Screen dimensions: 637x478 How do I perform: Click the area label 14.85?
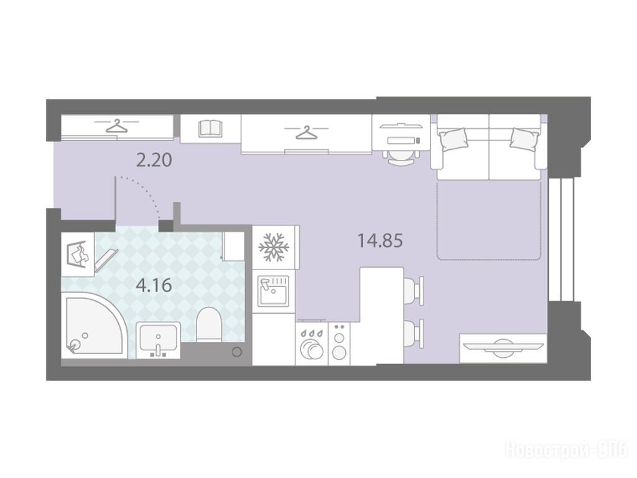[380, 241]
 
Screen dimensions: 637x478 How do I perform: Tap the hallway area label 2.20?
[154, 160]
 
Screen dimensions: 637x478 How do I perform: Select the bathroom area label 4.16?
[154, 285]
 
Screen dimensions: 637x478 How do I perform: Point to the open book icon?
[210, 128]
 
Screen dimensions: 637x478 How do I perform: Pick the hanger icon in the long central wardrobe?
[306, 133]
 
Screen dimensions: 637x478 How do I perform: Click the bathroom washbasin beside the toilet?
[158, 340]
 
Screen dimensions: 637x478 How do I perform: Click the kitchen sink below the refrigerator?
[274, 291]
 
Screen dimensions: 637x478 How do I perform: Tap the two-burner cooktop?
[339, 344]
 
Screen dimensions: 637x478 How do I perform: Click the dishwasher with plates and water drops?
[312, 344]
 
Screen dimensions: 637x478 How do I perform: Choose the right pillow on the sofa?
[524, 139]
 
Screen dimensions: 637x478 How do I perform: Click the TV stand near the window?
[503, 349]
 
